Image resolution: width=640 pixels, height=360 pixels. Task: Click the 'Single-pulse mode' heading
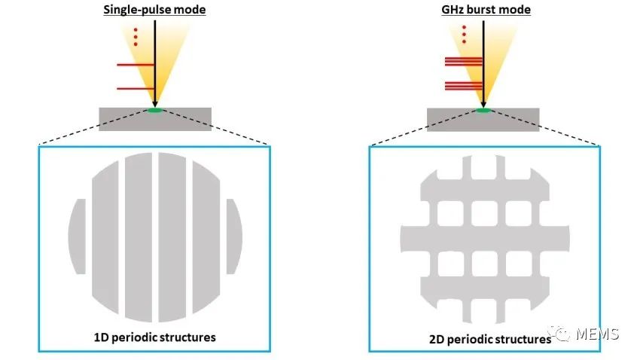tap(154, 9)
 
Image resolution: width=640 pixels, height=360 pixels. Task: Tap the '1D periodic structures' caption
tap(155, 337)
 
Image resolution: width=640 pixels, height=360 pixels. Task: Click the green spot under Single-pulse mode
tap(154, 111)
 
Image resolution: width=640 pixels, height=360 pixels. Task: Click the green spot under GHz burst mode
tap(483, 111)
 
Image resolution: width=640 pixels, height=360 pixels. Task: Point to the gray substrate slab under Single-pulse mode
tap(120, 119)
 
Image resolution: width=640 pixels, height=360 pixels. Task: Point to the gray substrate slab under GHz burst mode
tap(452, 119)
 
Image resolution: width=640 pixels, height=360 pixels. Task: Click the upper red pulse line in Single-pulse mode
tap(136, 64)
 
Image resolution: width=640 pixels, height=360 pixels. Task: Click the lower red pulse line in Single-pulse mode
tap(136, 89)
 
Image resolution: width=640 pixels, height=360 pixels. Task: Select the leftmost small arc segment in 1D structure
tap(77, 236)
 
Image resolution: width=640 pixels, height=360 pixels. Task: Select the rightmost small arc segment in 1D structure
tap(233, 236)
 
